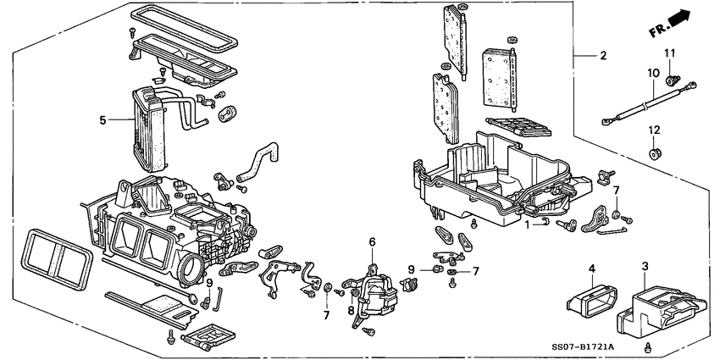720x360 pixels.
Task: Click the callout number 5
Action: coord(102,120)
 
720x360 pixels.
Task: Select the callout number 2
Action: coord(602,56)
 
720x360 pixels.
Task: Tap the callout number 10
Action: coord(653,75)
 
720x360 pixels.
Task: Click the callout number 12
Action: coord(653,130)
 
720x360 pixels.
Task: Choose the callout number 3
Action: coord(645,268)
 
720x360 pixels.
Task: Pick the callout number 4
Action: coord(592,269)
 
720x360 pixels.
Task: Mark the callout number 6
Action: coord(371,242)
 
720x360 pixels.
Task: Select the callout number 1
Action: coord(526,224)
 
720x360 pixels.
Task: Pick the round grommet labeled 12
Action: coord(654,154)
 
